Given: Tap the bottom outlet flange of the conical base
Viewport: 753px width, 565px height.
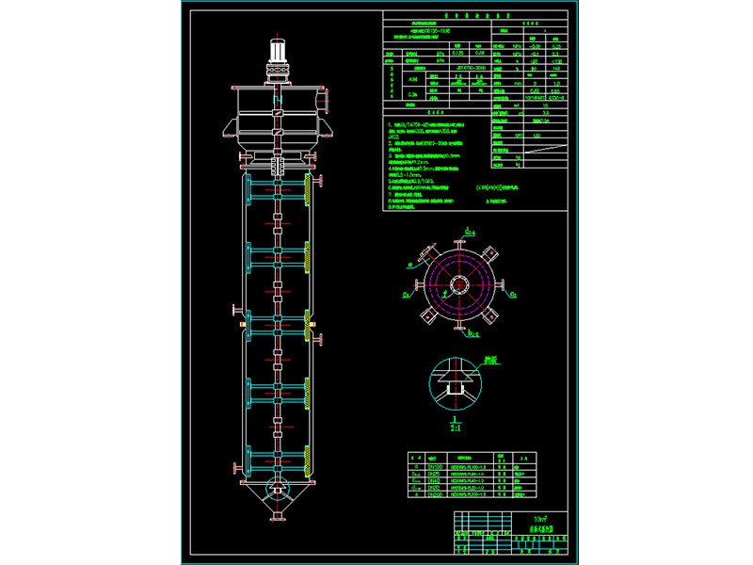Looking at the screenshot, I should point(278,517).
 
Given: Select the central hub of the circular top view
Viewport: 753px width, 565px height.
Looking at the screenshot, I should point(460,283).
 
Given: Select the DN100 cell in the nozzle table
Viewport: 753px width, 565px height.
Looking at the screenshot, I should point(434,466).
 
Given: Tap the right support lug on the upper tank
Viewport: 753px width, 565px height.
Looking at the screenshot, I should point(328,126).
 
